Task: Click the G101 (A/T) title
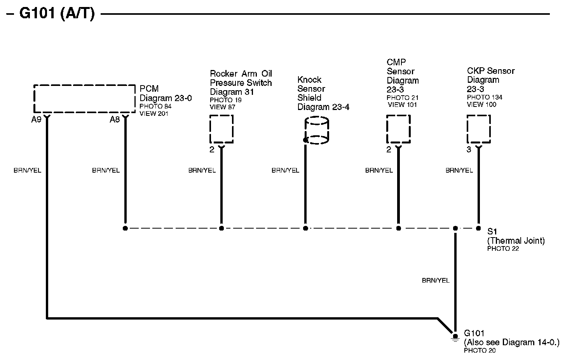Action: [x=57, y=14]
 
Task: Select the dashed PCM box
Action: [x=84, y=99]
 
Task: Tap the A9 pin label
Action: [x=36, y=120]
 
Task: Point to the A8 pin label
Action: [x=115, y=120]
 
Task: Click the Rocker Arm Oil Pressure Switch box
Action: [x=221, y=129]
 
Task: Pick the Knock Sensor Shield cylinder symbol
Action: [x=317, y=131]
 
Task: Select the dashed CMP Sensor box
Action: [x=398, y=129]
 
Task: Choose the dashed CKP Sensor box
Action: [x=478, y=129]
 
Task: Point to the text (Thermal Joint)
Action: [x=516, y=241]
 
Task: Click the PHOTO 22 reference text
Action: [x=503, y=249]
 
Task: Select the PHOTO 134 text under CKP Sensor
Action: [x=485, y=97]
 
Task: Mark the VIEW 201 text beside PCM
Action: [x=154, y=114]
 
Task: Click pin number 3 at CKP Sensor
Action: [x=469, y=150]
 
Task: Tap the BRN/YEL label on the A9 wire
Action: [x=27, y=170]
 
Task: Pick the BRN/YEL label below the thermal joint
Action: [x=436, y=280]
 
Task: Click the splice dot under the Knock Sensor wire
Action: [x=305, y=228]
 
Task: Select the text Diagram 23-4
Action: [x=323, y=107]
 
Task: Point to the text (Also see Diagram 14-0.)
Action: [x=511, y=343]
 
